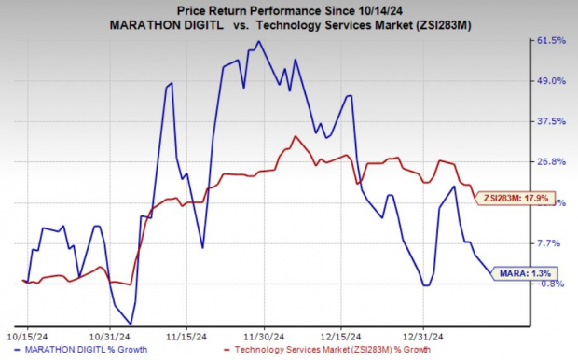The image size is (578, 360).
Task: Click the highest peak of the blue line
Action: (258, 41)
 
